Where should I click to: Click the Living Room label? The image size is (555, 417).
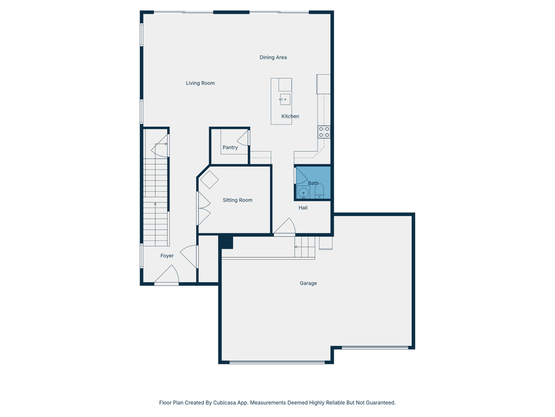(x=200, y=83)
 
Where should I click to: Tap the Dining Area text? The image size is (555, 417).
(x=273, y=57)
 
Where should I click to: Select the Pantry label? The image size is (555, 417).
(x=230, y=147)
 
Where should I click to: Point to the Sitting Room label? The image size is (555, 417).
(x=237, y=200)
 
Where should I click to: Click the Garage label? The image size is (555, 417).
(x=308, y=283)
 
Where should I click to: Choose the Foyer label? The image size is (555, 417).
(x=167, y=256)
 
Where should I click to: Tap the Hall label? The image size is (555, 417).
(x=303, y=207)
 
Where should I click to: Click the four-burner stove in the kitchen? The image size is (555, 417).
(x=324, y=131)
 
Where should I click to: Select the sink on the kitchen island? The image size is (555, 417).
(x=285, y=99)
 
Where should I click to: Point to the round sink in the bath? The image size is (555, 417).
(x=302, y=192)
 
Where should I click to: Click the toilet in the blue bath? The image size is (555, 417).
(x=319, y=191)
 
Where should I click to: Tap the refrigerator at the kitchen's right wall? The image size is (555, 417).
(x=324, y=84)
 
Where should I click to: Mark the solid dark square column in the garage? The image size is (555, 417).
(x=226, y=242)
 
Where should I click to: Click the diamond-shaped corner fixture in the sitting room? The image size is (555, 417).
(x=209, y=180)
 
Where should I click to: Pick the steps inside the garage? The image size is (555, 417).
(x=305, y=247)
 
